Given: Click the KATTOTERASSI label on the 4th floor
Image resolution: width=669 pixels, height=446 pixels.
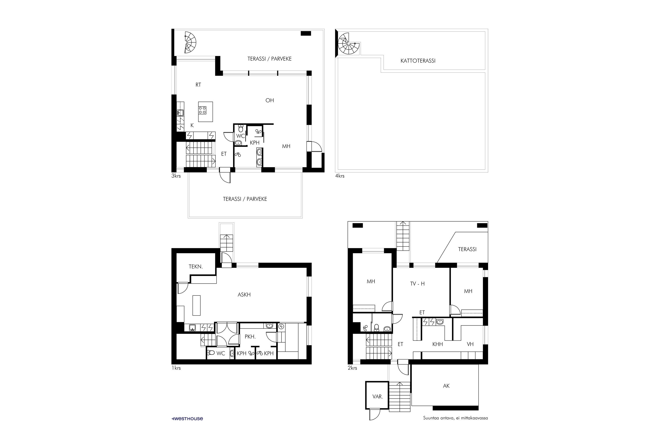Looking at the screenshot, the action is tap(418, 61).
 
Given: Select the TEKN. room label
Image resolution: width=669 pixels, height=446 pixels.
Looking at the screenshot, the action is tap(196, 266).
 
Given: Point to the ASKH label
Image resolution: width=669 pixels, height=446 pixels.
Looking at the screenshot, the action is tap(244, 295).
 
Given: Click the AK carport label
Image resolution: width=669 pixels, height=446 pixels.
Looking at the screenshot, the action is tap(446, 386).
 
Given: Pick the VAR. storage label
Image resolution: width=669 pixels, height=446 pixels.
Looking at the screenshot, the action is tap(378, 396).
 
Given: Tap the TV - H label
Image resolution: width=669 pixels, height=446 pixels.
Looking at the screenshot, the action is tap(417, 284).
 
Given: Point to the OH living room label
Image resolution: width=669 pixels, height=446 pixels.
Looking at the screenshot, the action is tap(270, 100).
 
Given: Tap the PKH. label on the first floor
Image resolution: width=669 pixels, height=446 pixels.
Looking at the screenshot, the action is tap(250, 337).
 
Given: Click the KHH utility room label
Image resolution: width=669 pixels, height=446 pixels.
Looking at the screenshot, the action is tap(438, 344).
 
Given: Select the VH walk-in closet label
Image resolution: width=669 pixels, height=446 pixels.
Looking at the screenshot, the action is tap(470, 344).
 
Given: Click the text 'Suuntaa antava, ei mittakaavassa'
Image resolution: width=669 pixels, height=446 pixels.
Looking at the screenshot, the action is tap(455, 418).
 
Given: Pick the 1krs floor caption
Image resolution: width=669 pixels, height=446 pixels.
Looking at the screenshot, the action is tap(176, 368).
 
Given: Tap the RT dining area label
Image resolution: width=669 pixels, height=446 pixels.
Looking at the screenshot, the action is tap(198, 85).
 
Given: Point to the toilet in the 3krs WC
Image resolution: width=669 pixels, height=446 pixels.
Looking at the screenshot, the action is tap(241, 128).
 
